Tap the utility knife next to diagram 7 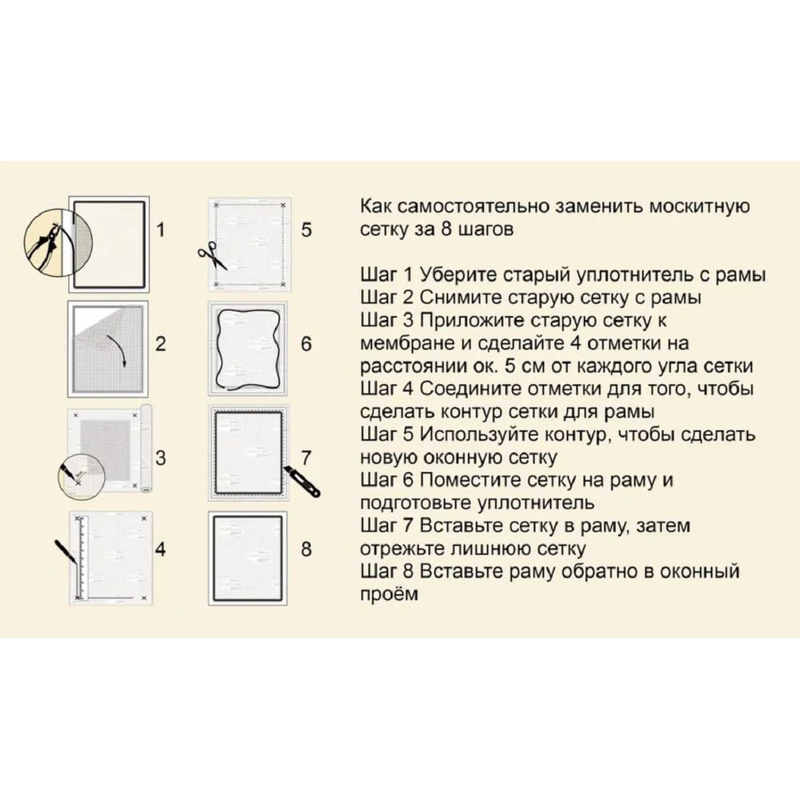point(302,481)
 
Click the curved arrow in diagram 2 point(118,351)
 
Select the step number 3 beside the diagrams point(161,458)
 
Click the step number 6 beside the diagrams point(306,344)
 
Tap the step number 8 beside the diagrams point(306,549)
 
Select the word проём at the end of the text point(390,594)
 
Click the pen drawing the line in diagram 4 point(67,554)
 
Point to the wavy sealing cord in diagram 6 point(248,349)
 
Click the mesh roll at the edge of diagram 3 point(146,449)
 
